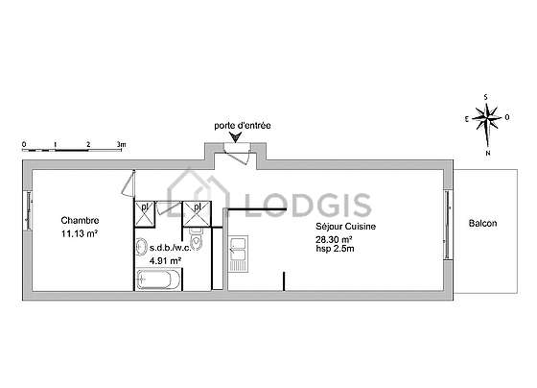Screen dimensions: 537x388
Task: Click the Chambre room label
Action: click(x=80, y=220)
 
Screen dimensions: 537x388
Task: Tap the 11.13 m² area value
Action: click(x=80, y=234)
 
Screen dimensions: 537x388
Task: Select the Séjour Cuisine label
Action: click(x=345, y=227)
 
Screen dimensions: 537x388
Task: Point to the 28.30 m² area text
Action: click(x=335, y=240)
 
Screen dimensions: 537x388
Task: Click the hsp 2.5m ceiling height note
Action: click(x=335, y=249)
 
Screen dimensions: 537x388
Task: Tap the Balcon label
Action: click(x=482, y=224)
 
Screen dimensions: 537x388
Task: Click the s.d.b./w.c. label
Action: click(x=171, y=248)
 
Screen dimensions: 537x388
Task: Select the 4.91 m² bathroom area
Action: click(x=165, y=260)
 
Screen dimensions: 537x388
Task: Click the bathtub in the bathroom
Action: click(x=158, y=279)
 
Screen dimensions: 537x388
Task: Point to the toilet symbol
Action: click(x=197, y=238)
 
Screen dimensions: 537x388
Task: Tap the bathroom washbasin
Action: click(x=140, y=247)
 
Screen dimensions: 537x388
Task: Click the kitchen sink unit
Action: click(x=238, y=254)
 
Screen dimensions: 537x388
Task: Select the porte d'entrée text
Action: click(x=243, y=126)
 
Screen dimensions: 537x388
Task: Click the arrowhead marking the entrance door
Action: click(x=236, y=137)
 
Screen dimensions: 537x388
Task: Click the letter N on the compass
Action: click(x=488, y=154)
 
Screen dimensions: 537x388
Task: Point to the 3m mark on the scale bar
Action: click(x=121, y=144)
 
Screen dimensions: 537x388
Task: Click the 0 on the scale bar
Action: click(x=24, y=144)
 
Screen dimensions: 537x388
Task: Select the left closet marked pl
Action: click(x=145, y=214)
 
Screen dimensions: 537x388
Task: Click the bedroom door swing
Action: click(x=128, y=183)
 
